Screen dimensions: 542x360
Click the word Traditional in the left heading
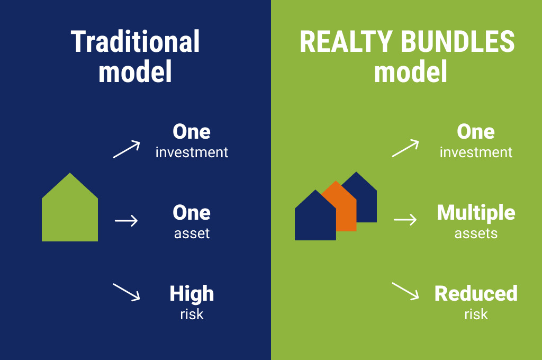(135, 41)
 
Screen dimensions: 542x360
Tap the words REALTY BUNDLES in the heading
(407, 41)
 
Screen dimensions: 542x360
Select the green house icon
(70, 208)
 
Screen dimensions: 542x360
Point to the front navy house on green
(315, 216)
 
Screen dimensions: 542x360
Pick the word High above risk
(192, 294)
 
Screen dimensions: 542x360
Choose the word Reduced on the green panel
(476, 294)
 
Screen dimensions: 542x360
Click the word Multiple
(476, 213)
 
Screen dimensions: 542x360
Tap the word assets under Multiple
(476, 234)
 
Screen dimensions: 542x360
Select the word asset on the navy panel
(192, 234)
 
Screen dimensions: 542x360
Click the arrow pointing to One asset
(126, 221)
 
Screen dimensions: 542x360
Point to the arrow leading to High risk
(127, 292)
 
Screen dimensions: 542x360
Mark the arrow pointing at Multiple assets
(405, 220)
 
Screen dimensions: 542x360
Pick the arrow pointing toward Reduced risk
(405, 291)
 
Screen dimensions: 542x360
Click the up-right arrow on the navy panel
(127, 149)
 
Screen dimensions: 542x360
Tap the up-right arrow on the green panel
(405, 148)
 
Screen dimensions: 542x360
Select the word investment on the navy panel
(192, 152)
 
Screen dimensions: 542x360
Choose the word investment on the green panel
(476, 152)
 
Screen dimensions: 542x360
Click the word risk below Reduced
(476, 314)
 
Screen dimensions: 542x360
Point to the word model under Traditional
(135, 71)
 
